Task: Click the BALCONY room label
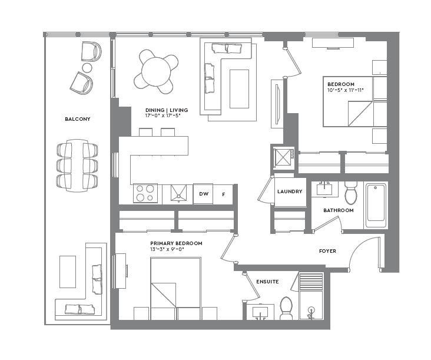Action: click(x=77, y=119)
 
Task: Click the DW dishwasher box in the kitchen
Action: click(x=203, y=194)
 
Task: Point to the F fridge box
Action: click(x=223, y=194)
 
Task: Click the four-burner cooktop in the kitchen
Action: click(x=145, y=193)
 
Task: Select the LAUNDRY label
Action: click(x=290, y=191)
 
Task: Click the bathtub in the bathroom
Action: click(x=376, y=205)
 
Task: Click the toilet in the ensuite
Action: click(x=286, y=308)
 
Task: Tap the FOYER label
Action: click(x=327, y=251)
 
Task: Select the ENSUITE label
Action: click(x=267, y=282)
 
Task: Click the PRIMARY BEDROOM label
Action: click(x=176, y=243)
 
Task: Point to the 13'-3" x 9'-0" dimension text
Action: click(x=168, y=250)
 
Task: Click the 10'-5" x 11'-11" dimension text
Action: click(x=346, y=90)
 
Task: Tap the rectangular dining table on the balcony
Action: click(x=77, y=165)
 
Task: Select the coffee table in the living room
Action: click(x=239, y=88)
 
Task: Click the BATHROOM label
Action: click(x=338, y=210)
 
